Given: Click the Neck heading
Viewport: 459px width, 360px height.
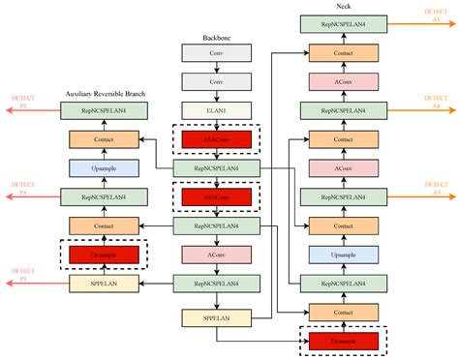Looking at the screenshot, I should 343,6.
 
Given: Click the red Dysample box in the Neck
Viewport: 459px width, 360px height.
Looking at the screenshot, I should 343,341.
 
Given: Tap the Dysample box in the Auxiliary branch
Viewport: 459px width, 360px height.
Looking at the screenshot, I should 105,255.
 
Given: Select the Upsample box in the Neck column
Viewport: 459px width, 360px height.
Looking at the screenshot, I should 343,255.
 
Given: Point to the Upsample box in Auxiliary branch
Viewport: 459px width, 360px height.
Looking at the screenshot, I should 105,168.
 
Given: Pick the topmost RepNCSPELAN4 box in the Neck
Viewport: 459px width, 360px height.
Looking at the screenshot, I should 343,23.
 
